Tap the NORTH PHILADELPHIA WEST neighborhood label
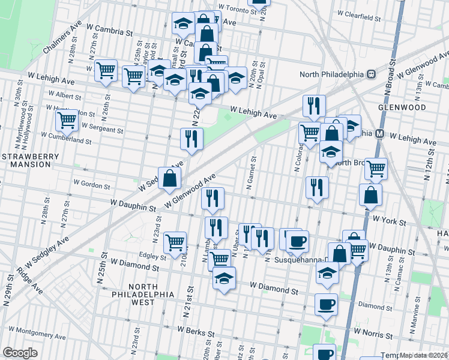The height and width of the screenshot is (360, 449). tap(142, 294)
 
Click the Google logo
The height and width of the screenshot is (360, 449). tap(20, 352)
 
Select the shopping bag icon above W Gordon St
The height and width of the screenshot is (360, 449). tap(170, 178)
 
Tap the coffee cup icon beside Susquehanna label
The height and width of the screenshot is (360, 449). tap(297, 241)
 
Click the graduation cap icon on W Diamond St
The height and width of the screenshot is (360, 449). tap(224, 279)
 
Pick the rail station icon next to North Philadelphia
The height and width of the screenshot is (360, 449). tap(372, 74)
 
